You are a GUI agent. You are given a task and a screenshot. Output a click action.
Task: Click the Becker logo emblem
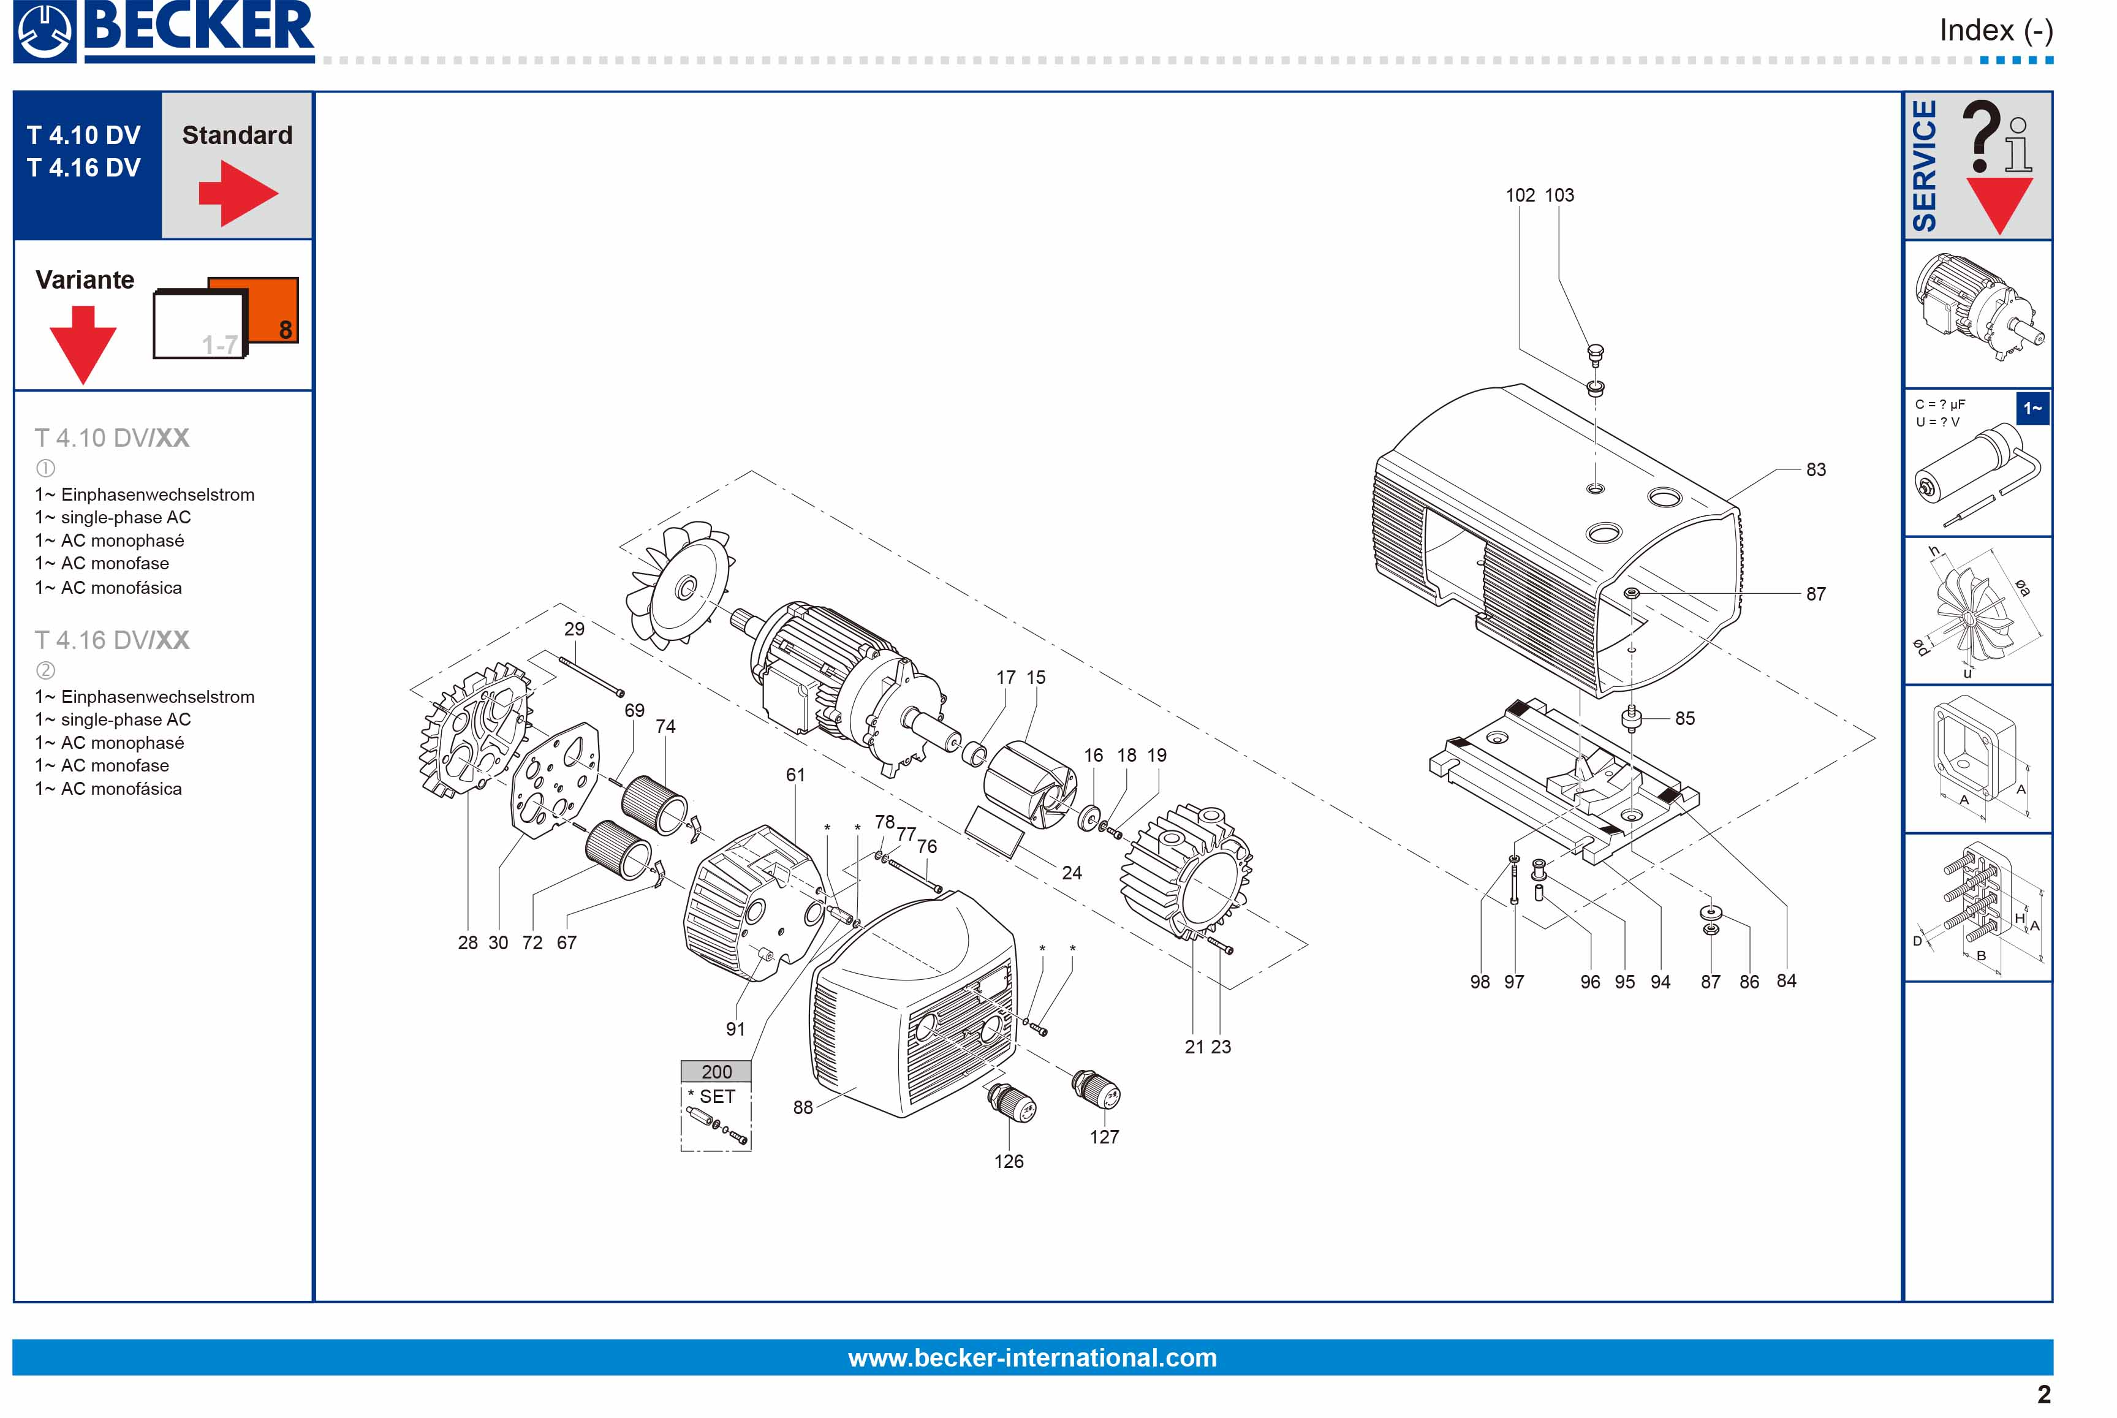[44, 32]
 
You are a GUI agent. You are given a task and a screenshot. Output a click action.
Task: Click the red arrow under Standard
[238, 192]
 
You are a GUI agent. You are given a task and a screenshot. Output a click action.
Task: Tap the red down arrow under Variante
[83, 344]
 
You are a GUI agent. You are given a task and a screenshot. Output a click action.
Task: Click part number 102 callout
[1519, 195]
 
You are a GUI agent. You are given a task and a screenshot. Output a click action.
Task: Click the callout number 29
[574, 629]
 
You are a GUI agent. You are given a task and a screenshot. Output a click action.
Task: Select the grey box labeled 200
[716, 1072]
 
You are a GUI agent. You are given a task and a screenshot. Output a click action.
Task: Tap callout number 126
[1009, 1161]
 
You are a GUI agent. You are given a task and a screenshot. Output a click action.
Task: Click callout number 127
[1104, 1137]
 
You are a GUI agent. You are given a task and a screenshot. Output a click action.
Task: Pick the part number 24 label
[1072, 873]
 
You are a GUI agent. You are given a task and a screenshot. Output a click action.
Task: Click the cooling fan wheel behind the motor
[678, 583]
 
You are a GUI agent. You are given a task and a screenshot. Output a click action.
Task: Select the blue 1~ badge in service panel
[2032, 409]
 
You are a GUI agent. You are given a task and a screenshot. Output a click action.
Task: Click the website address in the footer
[1032, 1357]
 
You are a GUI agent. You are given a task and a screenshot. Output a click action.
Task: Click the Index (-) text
[1996, 31]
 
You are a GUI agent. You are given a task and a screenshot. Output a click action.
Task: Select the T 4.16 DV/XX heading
[112, 640]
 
